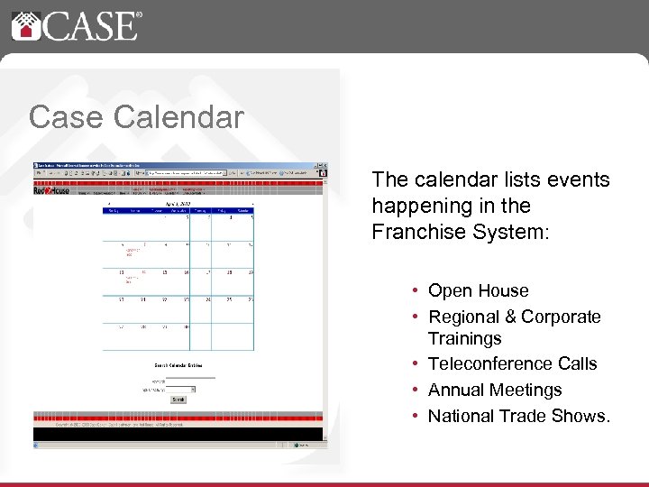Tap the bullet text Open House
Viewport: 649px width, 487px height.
point(478,290)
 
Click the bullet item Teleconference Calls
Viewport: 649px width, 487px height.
point(512,363)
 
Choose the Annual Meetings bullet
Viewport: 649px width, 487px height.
point(495,390)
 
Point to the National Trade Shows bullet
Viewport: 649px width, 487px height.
point(518,416)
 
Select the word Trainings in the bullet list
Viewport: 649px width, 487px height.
point(464,338)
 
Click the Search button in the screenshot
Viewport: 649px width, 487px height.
point(178,399)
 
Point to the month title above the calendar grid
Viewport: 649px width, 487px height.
point(178,205)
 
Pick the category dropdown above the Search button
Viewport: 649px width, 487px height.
point(187,389)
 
